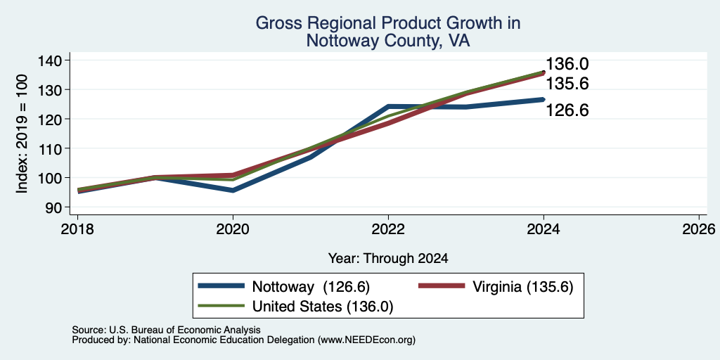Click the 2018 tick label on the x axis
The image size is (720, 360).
[77, 229]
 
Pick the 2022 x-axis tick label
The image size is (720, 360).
[388, 229]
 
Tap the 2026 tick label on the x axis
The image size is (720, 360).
[700, 229]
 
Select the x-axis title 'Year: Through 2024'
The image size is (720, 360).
[388, 259]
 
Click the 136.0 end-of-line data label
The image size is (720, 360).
[567, 64]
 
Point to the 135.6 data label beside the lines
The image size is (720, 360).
[567, 84]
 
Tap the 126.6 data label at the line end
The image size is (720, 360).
[567, 110]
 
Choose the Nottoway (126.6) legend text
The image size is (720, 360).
[311, 287]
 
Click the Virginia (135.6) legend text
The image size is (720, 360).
[523, 287]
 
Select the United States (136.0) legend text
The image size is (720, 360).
[322, 307]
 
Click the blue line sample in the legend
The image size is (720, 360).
[221, 286]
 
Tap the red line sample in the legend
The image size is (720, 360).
[442, 286]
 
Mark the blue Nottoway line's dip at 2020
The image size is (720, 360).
[233, 190]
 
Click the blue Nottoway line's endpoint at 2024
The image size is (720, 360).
[544, 99]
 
